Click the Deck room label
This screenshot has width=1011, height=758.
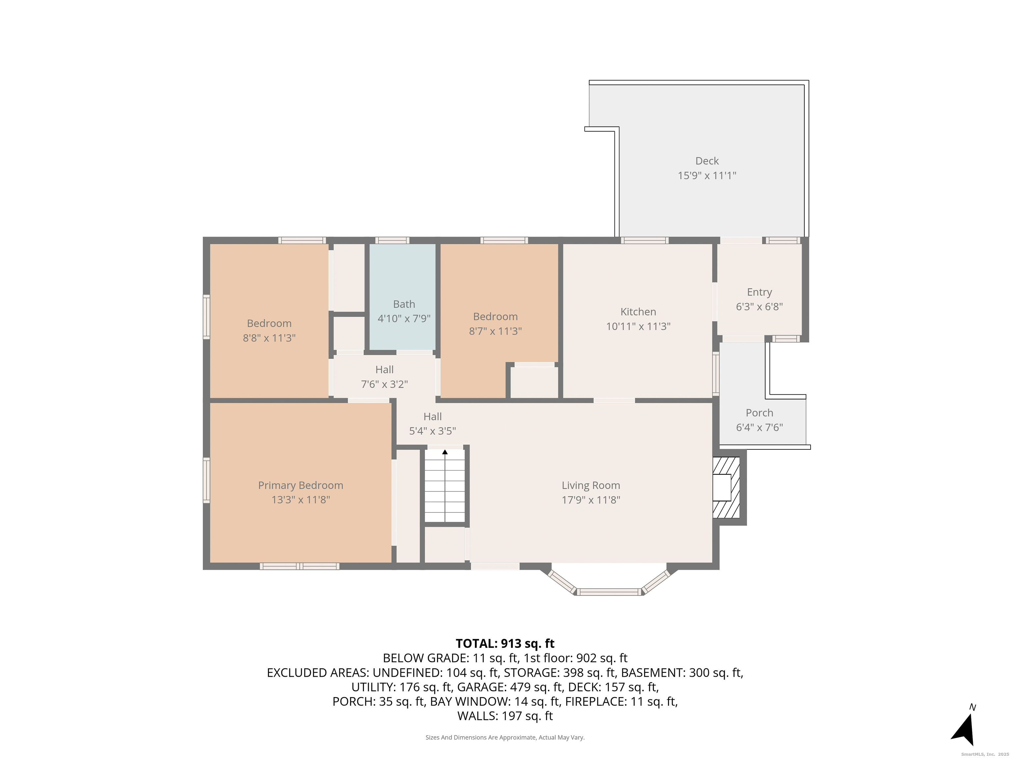pos(707,161)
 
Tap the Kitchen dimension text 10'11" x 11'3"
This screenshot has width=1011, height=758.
pos(638,326)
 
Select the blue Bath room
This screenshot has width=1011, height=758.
pos(402,296)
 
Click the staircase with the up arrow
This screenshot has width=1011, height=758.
pos(445,486)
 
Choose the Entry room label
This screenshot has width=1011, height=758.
pos(759,292)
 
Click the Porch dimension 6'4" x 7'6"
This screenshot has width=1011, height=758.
pos(759,427)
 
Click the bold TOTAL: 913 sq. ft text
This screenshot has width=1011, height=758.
pos(505,643)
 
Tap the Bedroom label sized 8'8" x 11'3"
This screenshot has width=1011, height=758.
pos(269,323)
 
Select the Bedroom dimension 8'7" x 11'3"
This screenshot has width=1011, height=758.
pos(495,331)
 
